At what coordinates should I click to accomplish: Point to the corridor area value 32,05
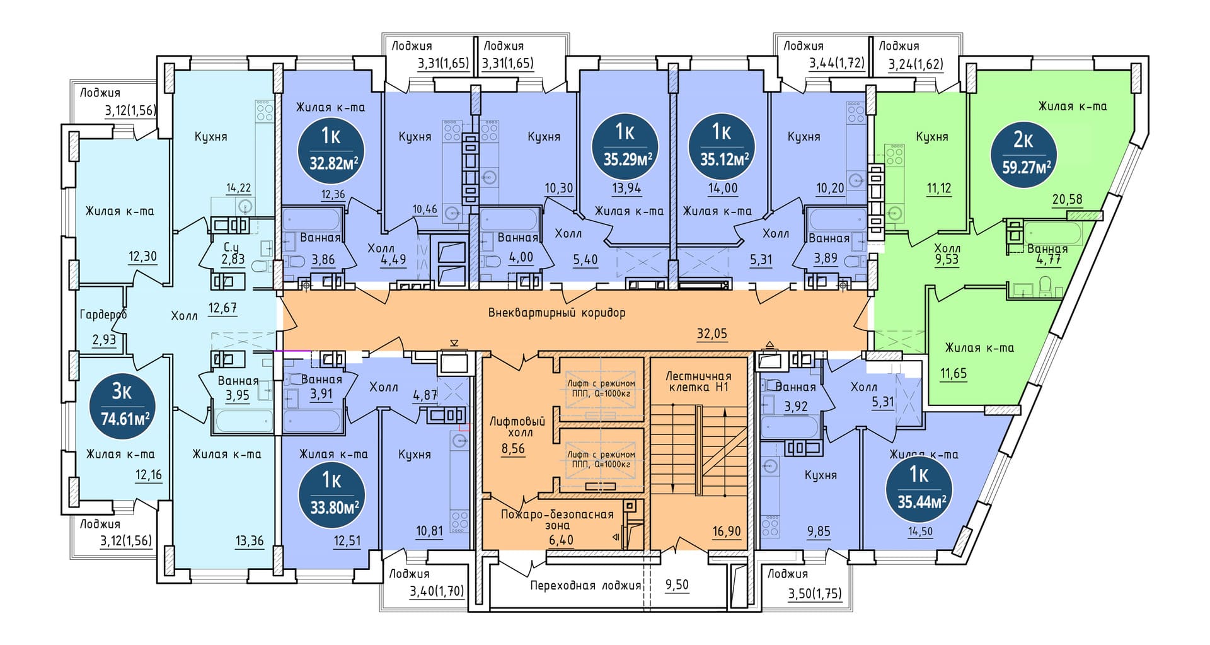click(x=712, y=334)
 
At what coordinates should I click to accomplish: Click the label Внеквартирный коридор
click(x=557, y=313)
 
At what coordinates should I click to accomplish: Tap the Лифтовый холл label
click(x=517, y=427)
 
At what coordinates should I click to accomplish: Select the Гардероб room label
click(x=103, y=314)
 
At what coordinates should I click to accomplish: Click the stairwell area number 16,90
click(x=726, y=531)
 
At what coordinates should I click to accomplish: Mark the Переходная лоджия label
click(x=585, y=585)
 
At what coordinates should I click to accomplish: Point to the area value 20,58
click(x=1067, y=199)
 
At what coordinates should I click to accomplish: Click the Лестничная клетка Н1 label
click(x=698, y=381)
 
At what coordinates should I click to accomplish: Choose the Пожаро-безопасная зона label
click(x=557, y=520)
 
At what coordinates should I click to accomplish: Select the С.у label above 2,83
click(x=233, y=246)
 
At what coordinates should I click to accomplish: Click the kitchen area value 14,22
click(x=239, y=187)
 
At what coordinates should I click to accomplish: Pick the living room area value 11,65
click(x=954, y=373)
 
